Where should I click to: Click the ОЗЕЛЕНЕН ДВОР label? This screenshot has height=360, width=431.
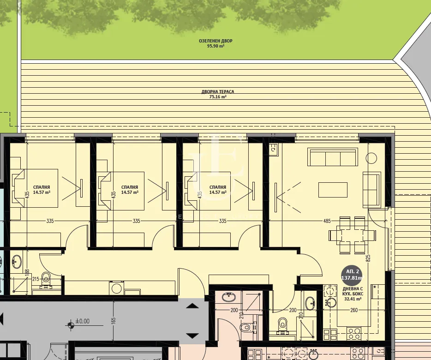click(215, 41)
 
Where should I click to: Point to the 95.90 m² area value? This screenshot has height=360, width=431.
click(215, 46)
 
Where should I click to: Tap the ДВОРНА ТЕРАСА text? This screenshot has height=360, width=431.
click(217, 92)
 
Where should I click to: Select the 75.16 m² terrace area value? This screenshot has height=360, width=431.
click(217, 97)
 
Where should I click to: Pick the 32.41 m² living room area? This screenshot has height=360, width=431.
click(353, 299)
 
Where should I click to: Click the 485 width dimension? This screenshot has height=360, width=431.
click(327, 221)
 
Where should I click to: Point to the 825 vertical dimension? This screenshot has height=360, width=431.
click(368, 258)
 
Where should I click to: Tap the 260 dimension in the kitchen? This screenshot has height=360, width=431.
click(353, 310)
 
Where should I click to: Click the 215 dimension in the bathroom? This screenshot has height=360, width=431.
click(36, 279)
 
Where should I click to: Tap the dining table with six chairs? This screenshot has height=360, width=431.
click(348, 235)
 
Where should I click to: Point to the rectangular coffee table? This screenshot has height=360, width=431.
click(333, 189)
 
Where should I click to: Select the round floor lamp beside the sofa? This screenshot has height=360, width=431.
click(372, 158)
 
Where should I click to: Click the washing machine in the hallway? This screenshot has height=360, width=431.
click(117, 288)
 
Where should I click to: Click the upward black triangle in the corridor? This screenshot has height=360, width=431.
click(192, 305)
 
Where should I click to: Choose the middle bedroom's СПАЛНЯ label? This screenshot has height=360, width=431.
click(129, 187)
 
